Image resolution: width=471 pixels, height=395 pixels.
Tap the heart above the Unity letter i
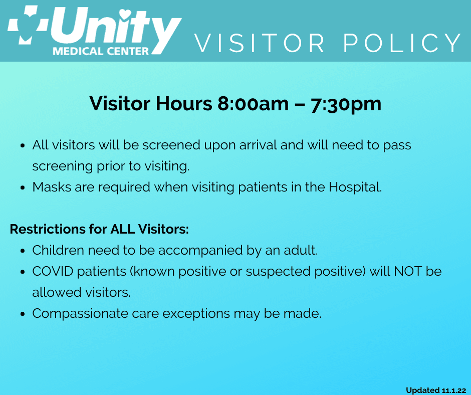tap(125, 14)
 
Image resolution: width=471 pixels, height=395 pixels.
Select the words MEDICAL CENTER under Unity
tap(101, 51)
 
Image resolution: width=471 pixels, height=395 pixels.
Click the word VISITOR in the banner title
tap(260, 43)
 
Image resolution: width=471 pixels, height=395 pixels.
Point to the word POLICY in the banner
tap(402, 43)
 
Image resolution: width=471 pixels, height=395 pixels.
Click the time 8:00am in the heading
tap(253, 104)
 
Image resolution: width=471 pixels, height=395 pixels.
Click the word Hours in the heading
tap(184, 104)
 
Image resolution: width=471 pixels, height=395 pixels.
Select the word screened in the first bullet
tap(171, 145)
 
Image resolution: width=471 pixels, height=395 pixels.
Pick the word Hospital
tap(355, 187)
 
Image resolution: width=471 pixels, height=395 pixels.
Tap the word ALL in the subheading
tap(122, 229)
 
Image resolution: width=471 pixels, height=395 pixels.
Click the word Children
tap(58, 250)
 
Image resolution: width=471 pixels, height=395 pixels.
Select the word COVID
tap(53, 271)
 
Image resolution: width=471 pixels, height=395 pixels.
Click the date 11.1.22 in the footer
tap(454, 390)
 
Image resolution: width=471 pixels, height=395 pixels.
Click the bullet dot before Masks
tap(23, 188)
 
